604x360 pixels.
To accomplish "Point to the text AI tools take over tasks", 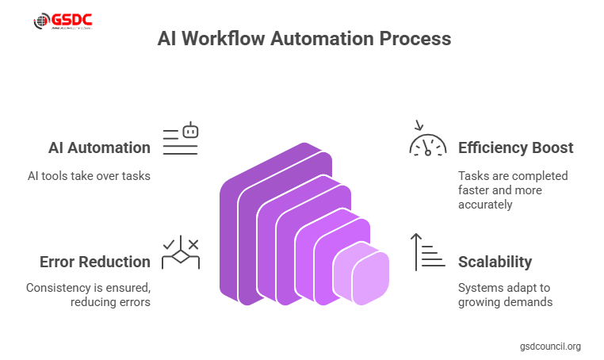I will tap(88, 175).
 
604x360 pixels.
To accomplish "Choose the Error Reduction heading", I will tap(95, 262).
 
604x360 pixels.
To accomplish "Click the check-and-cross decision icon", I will tap(181, 252).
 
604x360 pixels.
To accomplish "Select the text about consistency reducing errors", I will tap(87, 295).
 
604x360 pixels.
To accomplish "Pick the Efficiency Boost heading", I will tap(515, 147).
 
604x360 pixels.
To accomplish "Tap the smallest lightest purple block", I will tap(361, 274).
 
